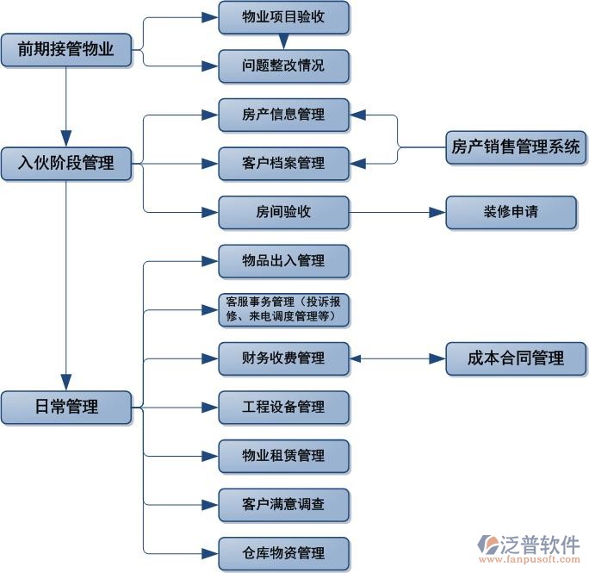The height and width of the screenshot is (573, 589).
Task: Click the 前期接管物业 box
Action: pyautogui.click(x=66, y=50)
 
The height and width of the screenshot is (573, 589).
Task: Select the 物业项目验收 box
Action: pyautogui.click(x=283, y=17)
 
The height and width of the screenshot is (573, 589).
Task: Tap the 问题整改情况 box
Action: pyautogui.click(x=283, y=66)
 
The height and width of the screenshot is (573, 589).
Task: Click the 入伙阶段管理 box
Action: pyautogui.click(x=66, y=161)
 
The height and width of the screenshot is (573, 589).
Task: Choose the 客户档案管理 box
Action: pyautogui.click(x=283, y=163)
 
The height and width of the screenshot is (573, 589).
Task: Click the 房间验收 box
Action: pyautogui.click(x=283, y=212)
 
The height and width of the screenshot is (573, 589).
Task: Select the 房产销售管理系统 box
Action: pyautogui.click(x=516, y=147)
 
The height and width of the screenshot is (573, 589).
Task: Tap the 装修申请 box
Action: pyautogui.click(x=511, y=212)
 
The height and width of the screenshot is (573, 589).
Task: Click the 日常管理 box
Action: pyautogui.click(x=66, y=407)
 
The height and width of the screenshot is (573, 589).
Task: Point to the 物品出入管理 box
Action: pyautogui.click(x=283, y=261)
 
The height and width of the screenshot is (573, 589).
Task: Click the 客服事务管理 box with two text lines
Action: pyautogui.click(x=283, y=309)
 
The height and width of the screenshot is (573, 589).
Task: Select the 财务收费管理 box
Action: pyautogui.click(x=283, y=358)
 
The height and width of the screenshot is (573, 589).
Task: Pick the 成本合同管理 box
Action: pyautogui.click(x=516, y=358)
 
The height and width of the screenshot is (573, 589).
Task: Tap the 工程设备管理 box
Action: pyautogui.click(x=283, y=407)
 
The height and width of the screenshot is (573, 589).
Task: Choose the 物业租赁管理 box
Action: pyautogui.click(x=283, y=456)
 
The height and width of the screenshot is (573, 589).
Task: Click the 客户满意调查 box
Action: pyautogui.click(x=283, y=504)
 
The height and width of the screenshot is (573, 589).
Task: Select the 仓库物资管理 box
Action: pyautogui.click(x=283, y=552)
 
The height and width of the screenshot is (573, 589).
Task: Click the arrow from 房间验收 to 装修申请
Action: pyautogui.click(x=396, y=212)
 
